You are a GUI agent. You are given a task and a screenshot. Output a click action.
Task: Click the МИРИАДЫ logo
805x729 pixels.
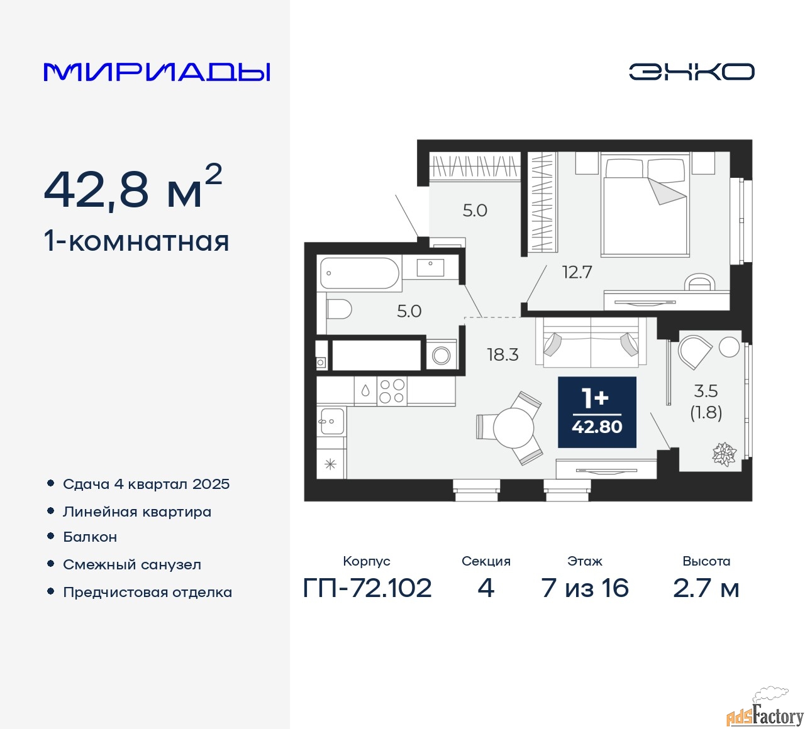tap(157, 72)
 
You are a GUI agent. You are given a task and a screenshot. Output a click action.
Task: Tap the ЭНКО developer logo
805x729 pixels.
tap(692, 72)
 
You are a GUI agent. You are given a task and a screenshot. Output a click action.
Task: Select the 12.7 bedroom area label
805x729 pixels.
tap(577, 273)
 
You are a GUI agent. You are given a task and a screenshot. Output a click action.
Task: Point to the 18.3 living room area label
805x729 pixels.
tap(502, 354)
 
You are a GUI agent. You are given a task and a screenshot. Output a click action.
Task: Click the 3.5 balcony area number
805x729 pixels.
tap(706, 391)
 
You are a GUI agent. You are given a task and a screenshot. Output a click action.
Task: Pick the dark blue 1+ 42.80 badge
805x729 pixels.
tap(597, 412)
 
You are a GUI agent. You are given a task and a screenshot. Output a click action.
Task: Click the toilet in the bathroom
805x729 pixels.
tap(339, 309)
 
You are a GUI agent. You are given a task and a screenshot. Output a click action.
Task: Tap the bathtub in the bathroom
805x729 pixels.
tap(360, 273)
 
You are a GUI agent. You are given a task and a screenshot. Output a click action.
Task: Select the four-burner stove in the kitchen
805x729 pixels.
tap(392, 391)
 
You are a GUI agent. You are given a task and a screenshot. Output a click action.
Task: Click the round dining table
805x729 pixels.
tap(513, 428)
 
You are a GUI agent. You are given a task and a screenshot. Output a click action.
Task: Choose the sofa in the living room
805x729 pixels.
tap(591, 342)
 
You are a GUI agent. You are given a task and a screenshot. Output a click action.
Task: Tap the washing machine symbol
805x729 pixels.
tap(441, 355)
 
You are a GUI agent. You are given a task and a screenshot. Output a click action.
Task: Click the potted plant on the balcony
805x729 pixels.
tap(724, 454)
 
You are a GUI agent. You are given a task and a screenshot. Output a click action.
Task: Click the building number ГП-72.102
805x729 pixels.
tap(367, 588)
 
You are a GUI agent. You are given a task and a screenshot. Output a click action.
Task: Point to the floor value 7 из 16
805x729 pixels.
tap(585, 588)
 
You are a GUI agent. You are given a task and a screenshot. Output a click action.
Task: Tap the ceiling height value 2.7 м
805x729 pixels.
tap(706, 588)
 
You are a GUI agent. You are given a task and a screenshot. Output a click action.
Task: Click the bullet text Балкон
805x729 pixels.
tap(90, 537)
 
